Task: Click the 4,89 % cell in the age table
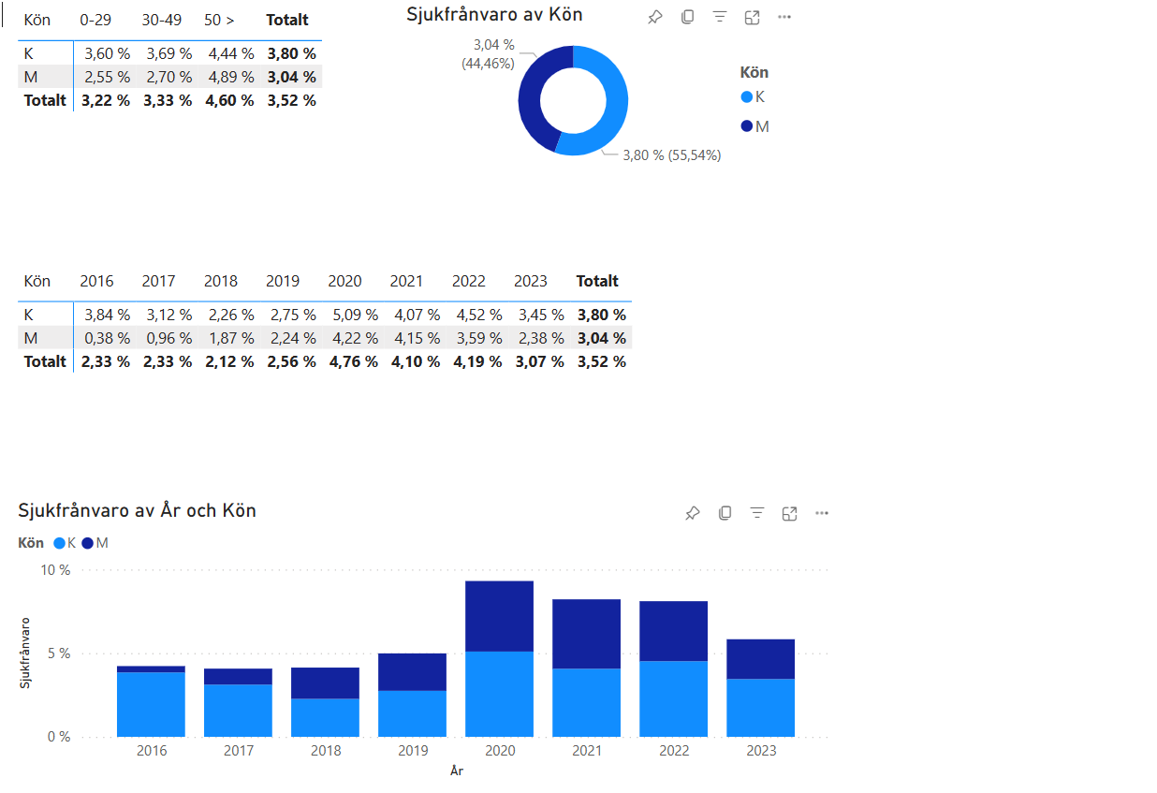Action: click(x=231, y=77)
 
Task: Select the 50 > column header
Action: click(x=219, y=21)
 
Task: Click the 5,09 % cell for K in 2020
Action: click(x=355, y=315)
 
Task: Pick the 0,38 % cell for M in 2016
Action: click(x=107, y=338)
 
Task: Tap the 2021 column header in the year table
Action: click(x=406, y=281)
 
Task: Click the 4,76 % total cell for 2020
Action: click(x=353, y=361)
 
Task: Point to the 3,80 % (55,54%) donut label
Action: click(x=671, y=155)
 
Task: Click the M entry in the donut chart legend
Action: click(x=754, y=126)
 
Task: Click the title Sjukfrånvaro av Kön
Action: click(x=494, y=15)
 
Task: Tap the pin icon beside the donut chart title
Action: click(x=655, y=17)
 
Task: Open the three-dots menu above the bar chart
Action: click(x=822, y=513)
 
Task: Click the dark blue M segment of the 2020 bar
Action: click(x=499, y=616)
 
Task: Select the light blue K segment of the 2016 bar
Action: click(x=151, y=704)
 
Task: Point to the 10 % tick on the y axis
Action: click(x=55, y=570)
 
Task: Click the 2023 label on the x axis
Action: click(x=761, y=750)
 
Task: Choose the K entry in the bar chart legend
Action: click(x=65, y=543)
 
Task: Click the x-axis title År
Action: click(x=457, y=771)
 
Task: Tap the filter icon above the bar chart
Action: click(x=757, y=513)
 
